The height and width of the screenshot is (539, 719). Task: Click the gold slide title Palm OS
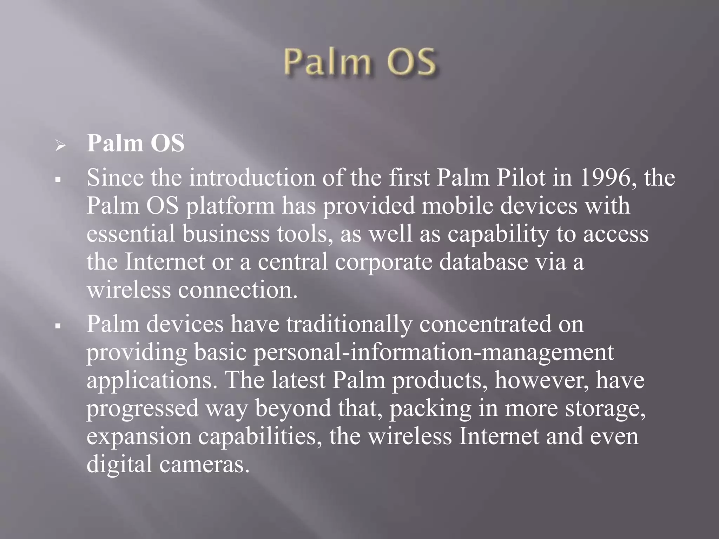pyautogui.click(x=359, y=62)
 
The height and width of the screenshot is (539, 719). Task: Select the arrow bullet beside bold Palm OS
pyautogui.click(x=60, y=145)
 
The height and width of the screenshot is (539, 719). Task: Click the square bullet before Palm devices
pyautogui.click(x=58, y=326)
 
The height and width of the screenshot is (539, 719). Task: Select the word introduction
pyautogui.click(x=252, y=178)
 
